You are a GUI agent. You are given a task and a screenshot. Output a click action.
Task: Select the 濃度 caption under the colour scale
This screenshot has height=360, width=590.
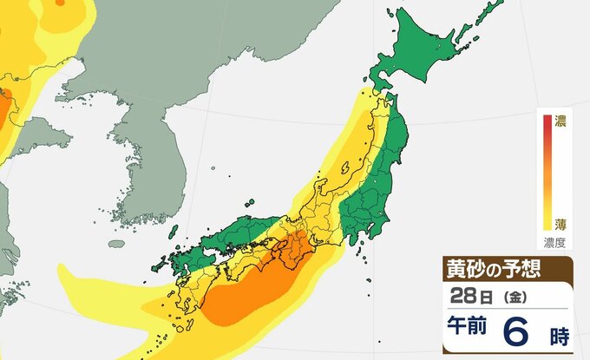555,242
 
